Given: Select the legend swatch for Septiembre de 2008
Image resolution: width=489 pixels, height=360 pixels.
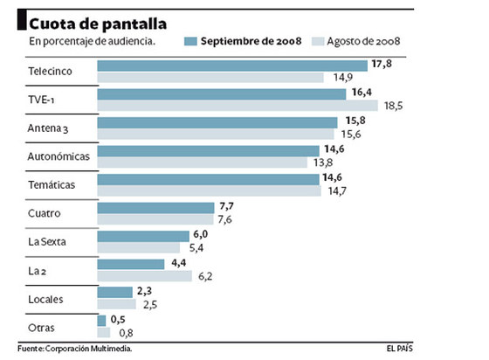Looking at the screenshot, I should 191,41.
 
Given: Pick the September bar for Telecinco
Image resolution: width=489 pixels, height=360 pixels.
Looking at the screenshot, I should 232,66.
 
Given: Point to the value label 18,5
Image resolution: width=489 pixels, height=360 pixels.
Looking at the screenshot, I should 395,106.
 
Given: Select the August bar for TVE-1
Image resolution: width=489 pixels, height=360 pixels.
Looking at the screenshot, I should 238,106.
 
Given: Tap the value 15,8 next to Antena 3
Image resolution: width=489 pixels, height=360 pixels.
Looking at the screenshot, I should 350,122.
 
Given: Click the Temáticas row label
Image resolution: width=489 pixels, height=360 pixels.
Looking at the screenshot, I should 52,185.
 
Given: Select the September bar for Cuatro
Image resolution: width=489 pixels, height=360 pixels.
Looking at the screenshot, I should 155,208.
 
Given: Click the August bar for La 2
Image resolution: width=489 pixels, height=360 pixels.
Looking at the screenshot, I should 144,276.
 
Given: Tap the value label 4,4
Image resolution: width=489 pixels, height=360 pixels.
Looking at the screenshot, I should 177,264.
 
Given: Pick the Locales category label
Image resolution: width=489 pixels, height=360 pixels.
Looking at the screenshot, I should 45,299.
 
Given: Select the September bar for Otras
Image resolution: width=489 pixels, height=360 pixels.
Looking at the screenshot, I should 101,321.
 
